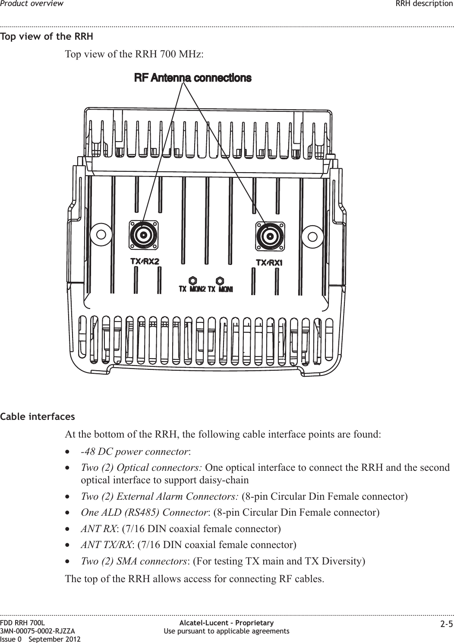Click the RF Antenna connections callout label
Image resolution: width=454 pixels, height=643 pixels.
[x=193, y=78]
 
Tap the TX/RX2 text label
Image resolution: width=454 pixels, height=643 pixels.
[x=145, y=262]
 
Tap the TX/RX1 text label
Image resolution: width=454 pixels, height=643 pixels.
[x=269, y=263]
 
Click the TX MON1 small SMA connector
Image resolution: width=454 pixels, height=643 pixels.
[x=220, y=280]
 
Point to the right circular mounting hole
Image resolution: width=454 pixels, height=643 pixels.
[x=312, y=236]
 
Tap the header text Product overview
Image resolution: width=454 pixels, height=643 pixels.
[x=32, y=4]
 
